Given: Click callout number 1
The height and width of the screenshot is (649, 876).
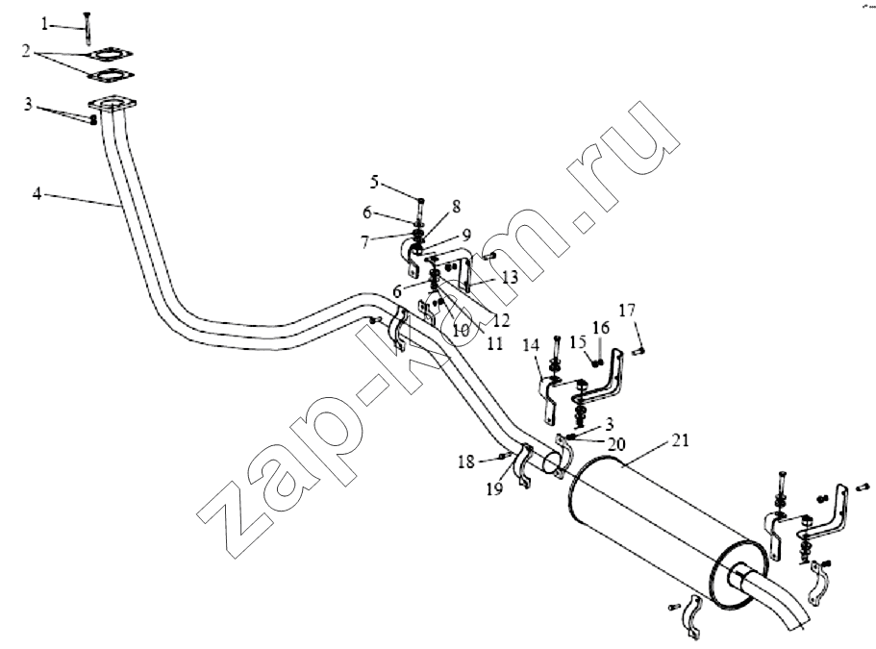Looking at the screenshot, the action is tap(44, 24).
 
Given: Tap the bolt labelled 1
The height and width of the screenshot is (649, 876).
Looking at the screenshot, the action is tap(87, 27).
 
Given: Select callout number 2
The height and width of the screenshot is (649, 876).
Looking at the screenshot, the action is tap(26, 51).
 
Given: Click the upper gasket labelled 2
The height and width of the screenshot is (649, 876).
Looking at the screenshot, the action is tap(110, 54).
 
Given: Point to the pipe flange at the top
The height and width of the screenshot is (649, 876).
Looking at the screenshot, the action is tap(113, 104).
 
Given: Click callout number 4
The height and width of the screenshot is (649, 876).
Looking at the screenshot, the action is tap(37, 194).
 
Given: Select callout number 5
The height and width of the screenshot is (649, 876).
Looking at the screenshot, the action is tap(374, 182).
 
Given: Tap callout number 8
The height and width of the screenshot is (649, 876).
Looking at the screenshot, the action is tap(457, 206).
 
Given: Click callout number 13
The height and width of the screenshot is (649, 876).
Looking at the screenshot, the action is tap(510, 277).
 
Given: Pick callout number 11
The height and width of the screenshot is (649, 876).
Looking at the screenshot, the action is tap(495, 343).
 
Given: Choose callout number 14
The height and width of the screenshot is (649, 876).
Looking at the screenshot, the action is tap(531, 345).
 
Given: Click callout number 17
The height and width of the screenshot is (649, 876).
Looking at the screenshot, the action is tap(627, 310).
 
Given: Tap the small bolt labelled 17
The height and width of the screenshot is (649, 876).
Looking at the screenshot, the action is tap(638, 351).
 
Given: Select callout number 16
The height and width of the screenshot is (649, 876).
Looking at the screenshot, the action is tap(601, 327).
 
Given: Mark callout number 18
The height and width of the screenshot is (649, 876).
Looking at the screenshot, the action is tap(466, 462).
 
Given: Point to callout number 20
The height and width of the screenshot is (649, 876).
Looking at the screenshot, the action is tap(616, 444).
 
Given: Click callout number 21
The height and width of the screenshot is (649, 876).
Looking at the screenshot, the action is tap(680, 440).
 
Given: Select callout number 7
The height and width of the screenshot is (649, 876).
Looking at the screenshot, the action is tap(365, 242).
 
